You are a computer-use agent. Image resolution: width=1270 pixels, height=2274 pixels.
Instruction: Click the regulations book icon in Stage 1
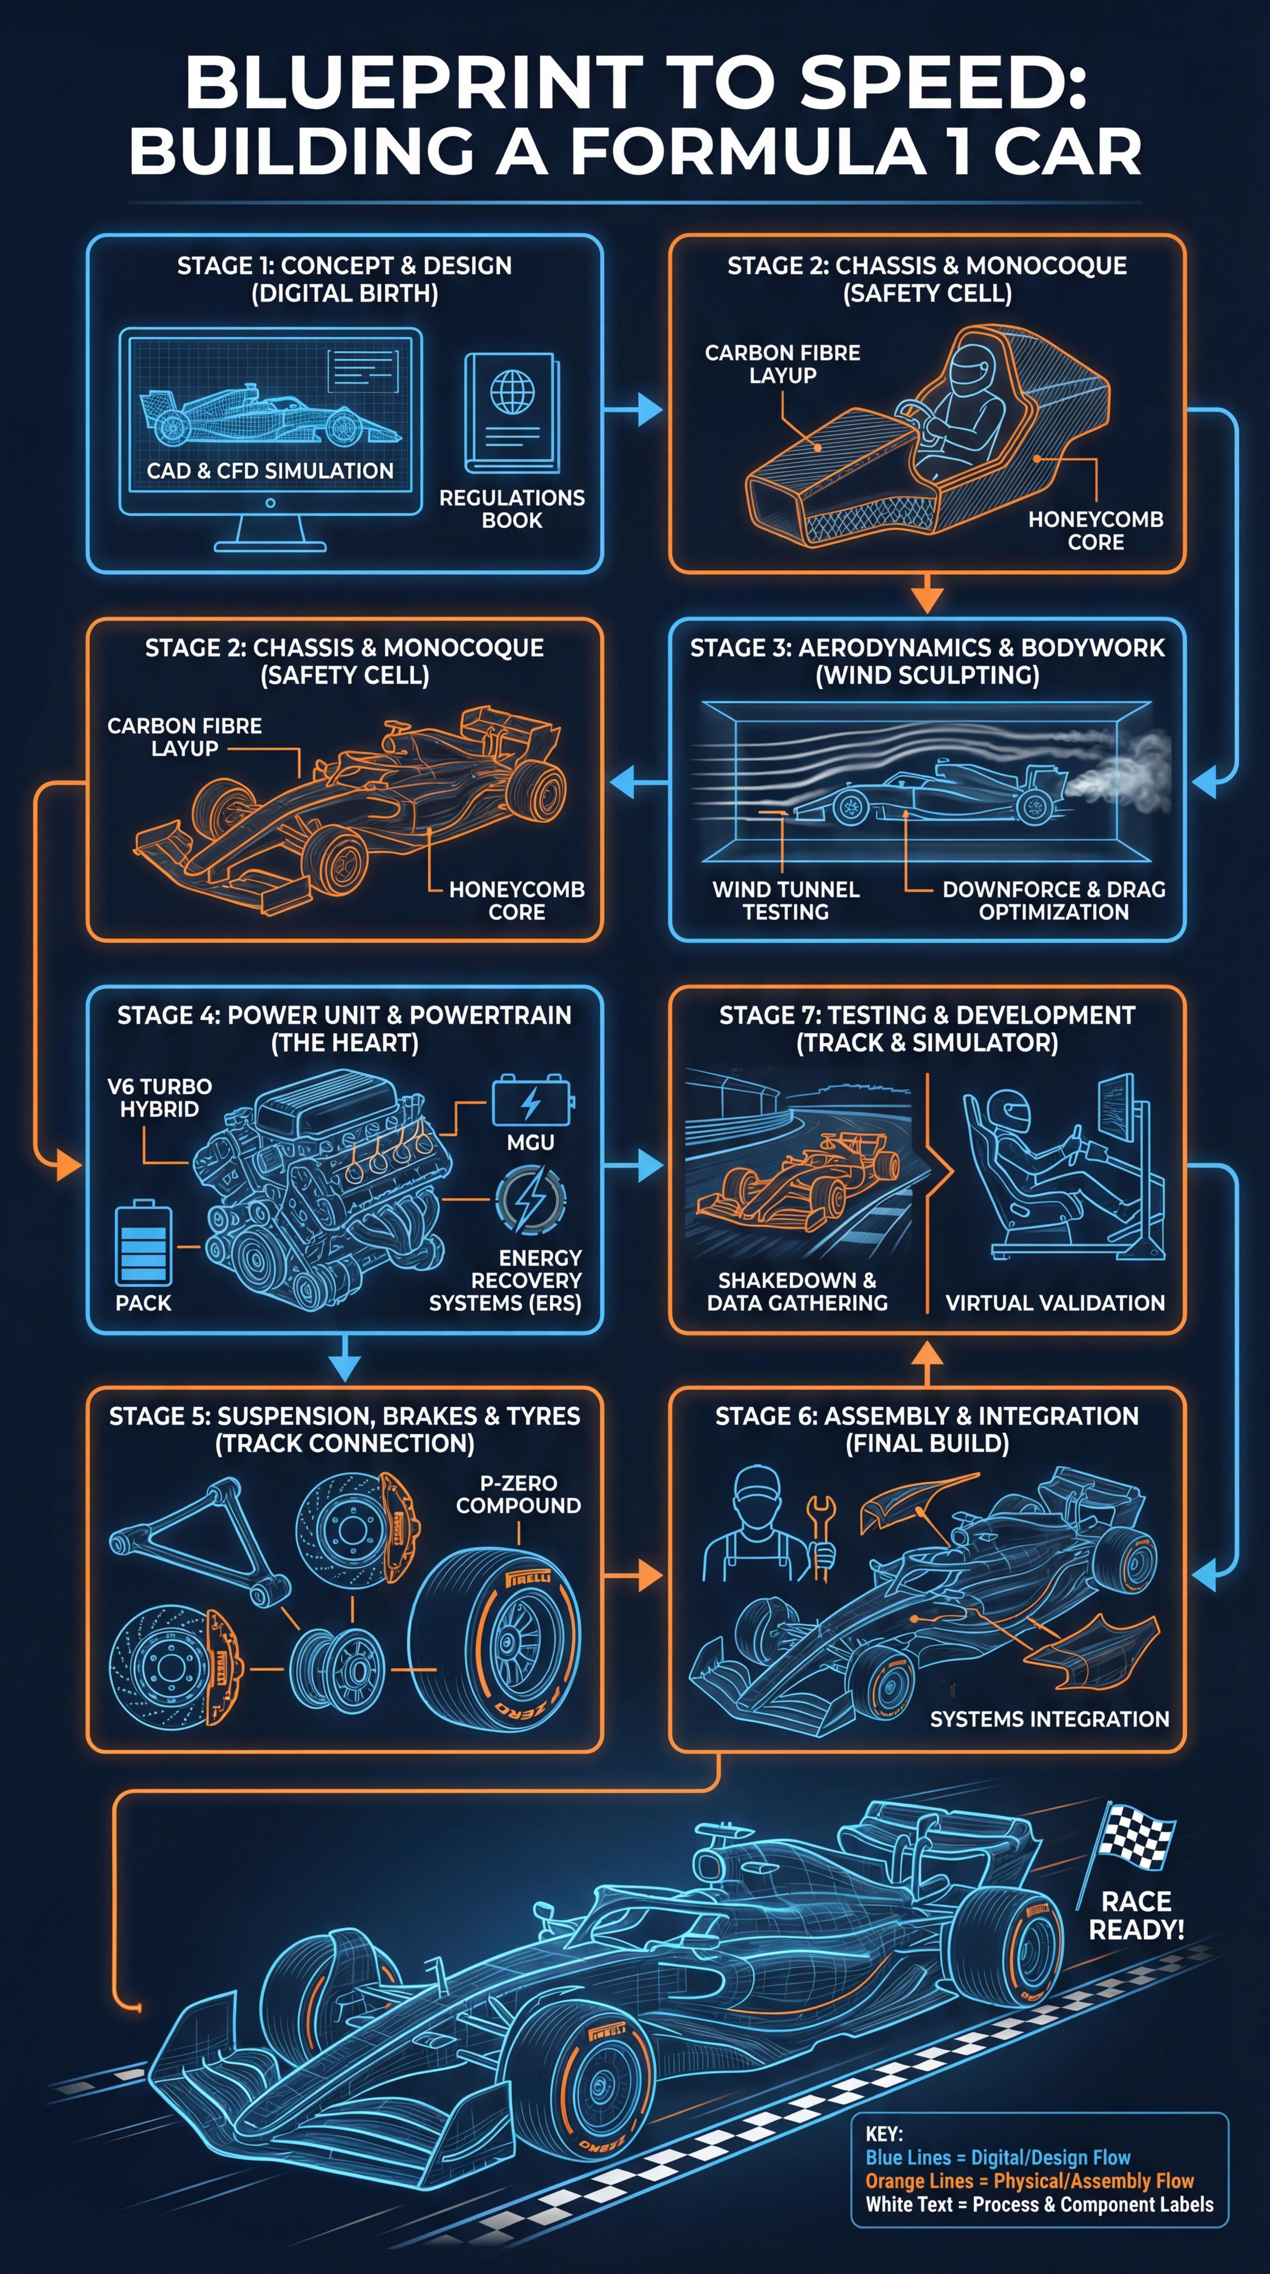click(512, 413)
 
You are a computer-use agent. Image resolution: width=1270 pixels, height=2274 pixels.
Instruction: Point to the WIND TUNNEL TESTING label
click(785, 900)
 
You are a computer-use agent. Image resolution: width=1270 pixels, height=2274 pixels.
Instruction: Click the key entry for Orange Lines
click(1029, 2181)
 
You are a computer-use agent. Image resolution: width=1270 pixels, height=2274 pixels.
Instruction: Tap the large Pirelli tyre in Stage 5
click(497, 1642)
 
